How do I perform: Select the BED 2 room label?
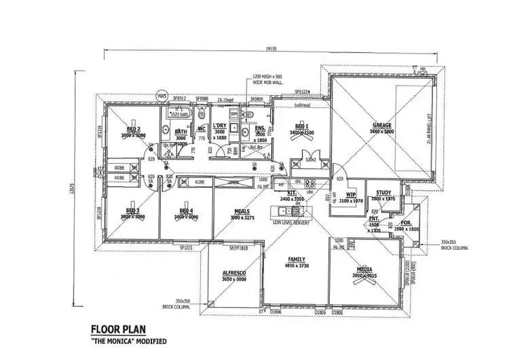pyautogui.click(x=134, y=128)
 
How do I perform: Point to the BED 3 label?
pyautogui.click(x=133, y=211)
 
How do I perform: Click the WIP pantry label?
pyautogui.click(x=352, y=196)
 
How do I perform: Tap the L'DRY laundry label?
pyautogui.click(x=219, y=126)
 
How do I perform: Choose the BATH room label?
pyautogui.click(x=181, y=132)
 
